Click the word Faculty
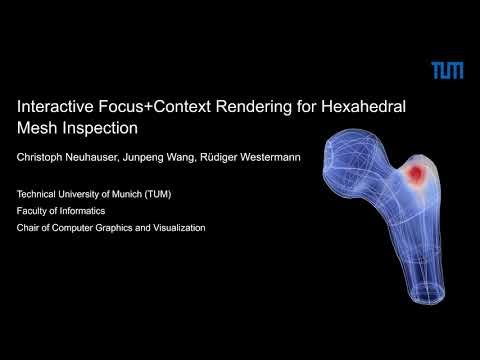(x=34, y=211)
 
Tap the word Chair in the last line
(x=30, y=228)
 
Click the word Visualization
(x=176, y=228)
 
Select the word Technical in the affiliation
(x=39, y=194)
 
